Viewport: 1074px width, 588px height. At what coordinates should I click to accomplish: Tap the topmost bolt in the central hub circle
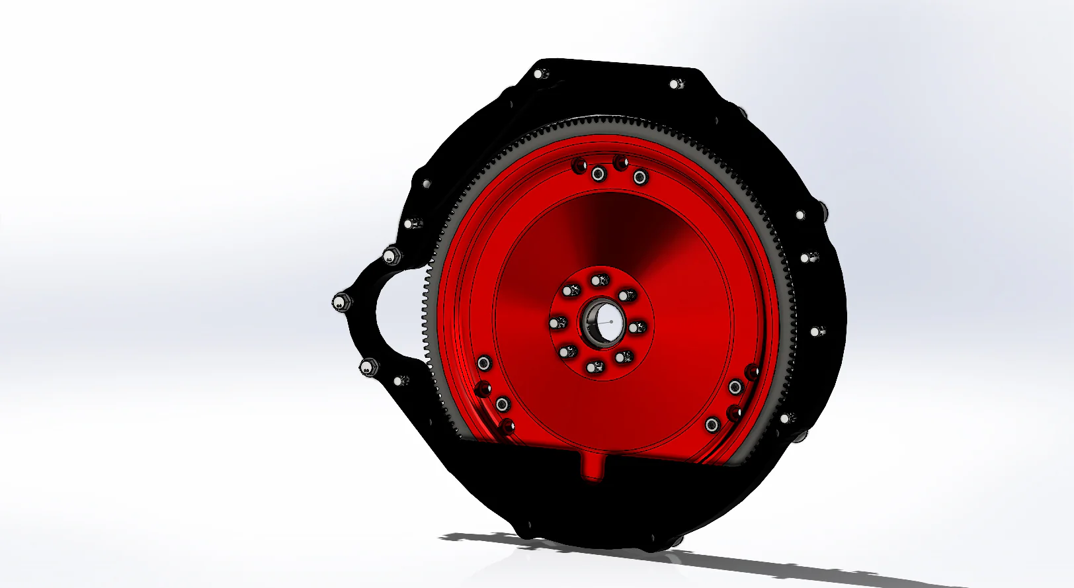coord(600,280)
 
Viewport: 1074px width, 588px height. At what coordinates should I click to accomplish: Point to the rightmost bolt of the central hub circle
coord(636,327)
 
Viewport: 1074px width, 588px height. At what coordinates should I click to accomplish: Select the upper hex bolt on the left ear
coord(390,255)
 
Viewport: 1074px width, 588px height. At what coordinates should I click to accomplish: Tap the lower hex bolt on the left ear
coord(368,366)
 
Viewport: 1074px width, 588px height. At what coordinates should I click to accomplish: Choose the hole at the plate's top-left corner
coord(540,73)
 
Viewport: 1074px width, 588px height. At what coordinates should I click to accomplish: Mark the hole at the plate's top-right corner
coord(675,84)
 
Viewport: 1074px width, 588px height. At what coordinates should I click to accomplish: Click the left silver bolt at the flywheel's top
coord(598,174)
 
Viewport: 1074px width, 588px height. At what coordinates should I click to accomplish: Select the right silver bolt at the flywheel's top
coord(640,177)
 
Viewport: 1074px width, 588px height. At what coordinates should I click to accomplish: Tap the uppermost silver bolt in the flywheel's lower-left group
coord(484,362)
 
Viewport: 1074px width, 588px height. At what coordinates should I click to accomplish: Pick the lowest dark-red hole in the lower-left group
coord(507,425)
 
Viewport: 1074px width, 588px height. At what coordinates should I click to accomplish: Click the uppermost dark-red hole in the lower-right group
coord(752,372)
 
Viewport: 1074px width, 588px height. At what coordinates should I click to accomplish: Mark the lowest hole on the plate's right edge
coord(786,418)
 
